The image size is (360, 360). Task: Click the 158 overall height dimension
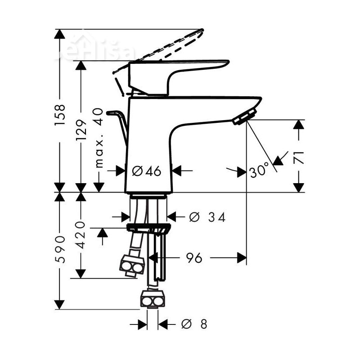coord(60,115)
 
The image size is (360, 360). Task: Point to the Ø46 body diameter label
coord(147,171)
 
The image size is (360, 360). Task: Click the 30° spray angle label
coord(259,171)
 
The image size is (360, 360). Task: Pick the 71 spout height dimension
coord(299,157)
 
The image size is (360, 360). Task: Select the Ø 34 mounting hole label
coord(207,217)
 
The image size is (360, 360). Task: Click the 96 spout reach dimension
coord(194,258)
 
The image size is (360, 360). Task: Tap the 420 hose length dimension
coord(81,234)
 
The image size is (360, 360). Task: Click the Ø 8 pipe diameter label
coord(194,324)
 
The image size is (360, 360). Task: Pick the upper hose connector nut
coord(132,265)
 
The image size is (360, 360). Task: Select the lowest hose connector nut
coord(153,299)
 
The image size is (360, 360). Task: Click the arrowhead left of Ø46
coord(120,171)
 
